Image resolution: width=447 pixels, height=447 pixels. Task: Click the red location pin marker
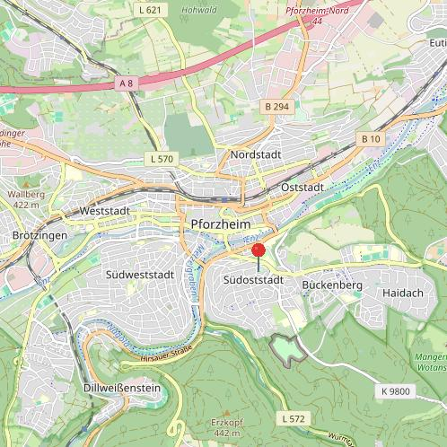coord(259,250)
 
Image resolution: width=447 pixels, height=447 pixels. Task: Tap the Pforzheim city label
coord(220,223)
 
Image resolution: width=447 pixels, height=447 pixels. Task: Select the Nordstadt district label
coord(256,154)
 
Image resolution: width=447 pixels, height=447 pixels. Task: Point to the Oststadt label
coord(302,188)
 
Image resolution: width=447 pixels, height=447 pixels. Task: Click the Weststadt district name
coord(105,211)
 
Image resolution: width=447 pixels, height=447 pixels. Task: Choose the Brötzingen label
coord(40,234)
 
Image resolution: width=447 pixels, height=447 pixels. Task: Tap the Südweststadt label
coord(138,273)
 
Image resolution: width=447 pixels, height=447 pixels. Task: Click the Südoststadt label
coord(253,281)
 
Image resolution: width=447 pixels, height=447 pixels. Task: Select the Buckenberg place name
coord(332,285)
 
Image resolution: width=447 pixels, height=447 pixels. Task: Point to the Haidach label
coord(401,294)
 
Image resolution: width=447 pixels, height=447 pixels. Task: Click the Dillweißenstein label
coord(121,388)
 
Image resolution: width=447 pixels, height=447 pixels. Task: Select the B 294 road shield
coord(276,106)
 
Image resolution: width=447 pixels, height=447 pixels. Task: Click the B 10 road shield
coord(371,139)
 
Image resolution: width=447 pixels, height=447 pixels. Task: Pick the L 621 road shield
coord(152,10)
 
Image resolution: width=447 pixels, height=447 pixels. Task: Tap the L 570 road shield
coord(161,159)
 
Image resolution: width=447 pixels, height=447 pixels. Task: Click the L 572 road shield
coord(293,419)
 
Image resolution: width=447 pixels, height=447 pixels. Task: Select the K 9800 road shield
coord(395,392)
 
